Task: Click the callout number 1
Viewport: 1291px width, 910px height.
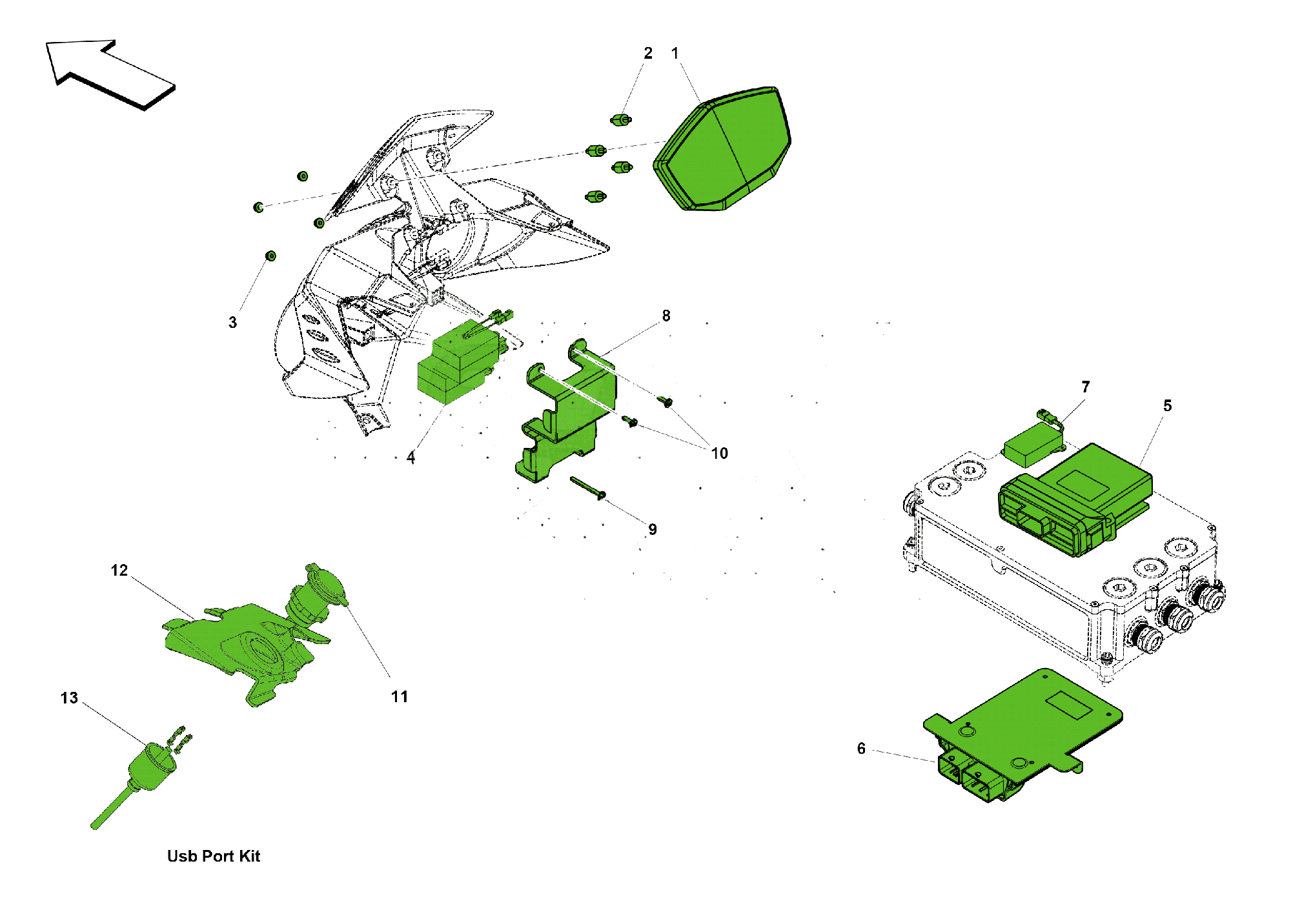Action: click(x=675, y=54)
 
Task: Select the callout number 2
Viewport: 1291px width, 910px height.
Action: click(x=648, y=54)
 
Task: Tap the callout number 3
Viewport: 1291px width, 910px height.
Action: click(x=233, y=323)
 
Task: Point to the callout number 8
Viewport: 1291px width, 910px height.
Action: click(x=666, y=316)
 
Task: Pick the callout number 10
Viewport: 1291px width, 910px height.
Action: click(x=720, y=454)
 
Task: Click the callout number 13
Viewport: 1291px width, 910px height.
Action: click(x=69, y=698)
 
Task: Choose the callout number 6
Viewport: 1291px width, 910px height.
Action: click(x=861, y=749)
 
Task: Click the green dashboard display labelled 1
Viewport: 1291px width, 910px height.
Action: click(x=723, y=152)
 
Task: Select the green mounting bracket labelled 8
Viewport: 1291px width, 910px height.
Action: click(x=568, y=413)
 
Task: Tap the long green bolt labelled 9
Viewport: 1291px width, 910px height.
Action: click(x=587, y=488)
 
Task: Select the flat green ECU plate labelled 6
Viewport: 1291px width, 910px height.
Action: click(x=1026, y=729)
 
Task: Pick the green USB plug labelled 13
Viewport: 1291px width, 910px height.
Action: click(x=152, y=768)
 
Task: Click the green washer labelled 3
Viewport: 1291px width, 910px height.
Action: click(x=271, y=256)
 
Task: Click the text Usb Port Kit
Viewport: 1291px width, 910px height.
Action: click(x=214, y=856)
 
